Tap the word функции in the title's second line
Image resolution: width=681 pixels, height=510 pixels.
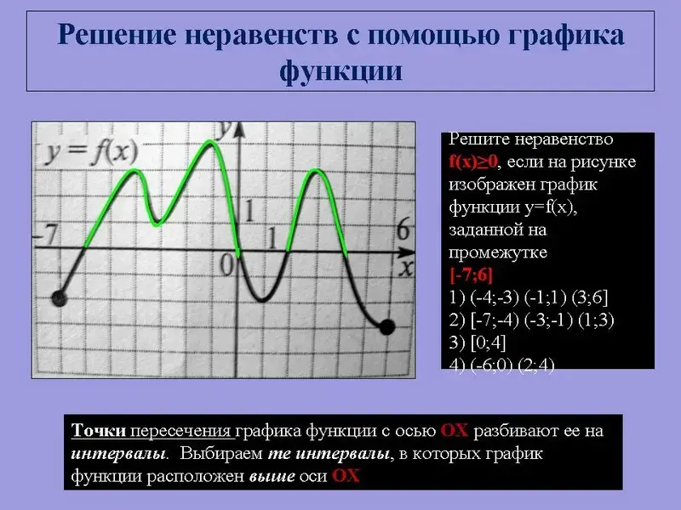[340, 71]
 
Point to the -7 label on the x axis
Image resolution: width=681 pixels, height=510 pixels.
[46, 235]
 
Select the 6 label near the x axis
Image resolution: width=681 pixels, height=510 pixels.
[403, 229]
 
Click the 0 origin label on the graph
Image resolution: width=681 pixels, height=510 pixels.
[226, 264]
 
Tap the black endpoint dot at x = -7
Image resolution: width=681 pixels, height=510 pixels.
[59, 298]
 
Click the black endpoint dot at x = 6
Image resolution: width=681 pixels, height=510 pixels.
[387, 327]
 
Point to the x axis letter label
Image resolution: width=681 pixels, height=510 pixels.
[406, 268]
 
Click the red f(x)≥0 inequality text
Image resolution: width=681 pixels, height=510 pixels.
[473, 161]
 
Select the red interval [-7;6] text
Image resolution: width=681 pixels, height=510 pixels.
[472, 275]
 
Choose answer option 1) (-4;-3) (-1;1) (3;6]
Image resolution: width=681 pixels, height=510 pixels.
[528, 297]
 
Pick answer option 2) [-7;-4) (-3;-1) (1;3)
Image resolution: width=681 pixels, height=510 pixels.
[531, 320]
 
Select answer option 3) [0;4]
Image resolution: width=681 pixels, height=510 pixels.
[478, 343]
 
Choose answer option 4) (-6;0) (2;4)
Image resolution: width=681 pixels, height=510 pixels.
[501, 365]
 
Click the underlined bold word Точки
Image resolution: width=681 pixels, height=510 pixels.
[99, 431]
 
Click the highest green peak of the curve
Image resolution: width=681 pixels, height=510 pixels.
[209, 141]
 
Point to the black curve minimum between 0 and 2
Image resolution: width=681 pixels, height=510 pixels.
[261, 300]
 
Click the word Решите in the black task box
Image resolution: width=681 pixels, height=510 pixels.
[478, 139]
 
